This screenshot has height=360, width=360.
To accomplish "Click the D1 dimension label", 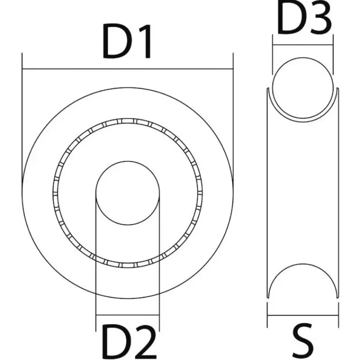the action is [x=126, y=41].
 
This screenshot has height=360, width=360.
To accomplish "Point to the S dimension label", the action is [x=303, y=342].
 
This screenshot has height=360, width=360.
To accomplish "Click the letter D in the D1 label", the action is [x=116, y=41].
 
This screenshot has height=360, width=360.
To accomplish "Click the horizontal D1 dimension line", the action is [x=128, y=68].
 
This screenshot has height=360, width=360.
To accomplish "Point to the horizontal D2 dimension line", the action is [x=127, y=315].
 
